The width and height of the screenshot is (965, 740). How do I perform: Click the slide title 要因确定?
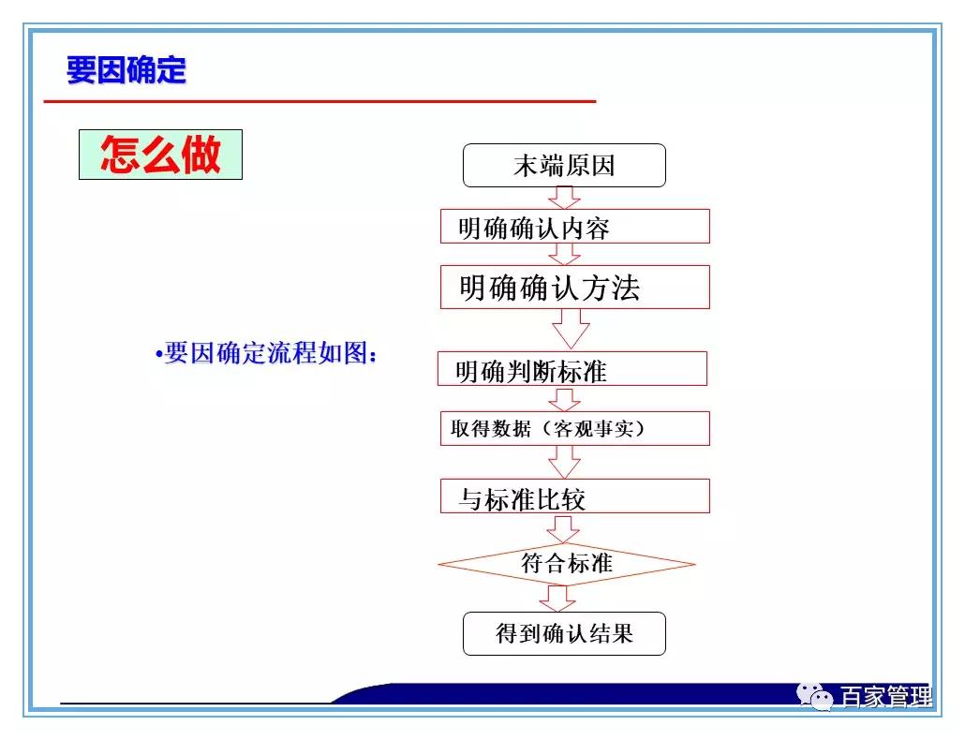(126, 70)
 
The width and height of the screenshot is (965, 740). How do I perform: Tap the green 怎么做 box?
(160, 155)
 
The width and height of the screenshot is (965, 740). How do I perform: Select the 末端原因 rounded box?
(564, 166)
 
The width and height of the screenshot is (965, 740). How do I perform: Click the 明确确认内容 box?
(574, 227)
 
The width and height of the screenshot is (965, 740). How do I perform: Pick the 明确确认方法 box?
(574, 287)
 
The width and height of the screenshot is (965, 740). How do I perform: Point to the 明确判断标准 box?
(572, 369)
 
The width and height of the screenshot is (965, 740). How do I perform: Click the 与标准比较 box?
(574, 496)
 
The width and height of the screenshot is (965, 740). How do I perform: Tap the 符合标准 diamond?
(566, 564)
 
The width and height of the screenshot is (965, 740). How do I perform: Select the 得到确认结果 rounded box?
(564, 633)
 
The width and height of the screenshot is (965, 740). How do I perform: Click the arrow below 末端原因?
(564, 198)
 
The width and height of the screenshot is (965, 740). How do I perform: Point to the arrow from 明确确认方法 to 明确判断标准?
(570, 328)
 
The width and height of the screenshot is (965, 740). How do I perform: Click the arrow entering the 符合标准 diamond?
(563, 528)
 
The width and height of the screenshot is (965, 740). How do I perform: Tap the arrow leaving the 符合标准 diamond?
(557, 599)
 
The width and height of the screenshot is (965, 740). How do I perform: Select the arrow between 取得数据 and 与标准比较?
(564, 461)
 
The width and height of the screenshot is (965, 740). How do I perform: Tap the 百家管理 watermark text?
(885, 698)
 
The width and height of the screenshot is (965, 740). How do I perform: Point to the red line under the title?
(319, 100)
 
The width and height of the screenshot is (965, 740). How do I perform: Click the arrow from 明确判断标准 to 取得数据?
(564, 399)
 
